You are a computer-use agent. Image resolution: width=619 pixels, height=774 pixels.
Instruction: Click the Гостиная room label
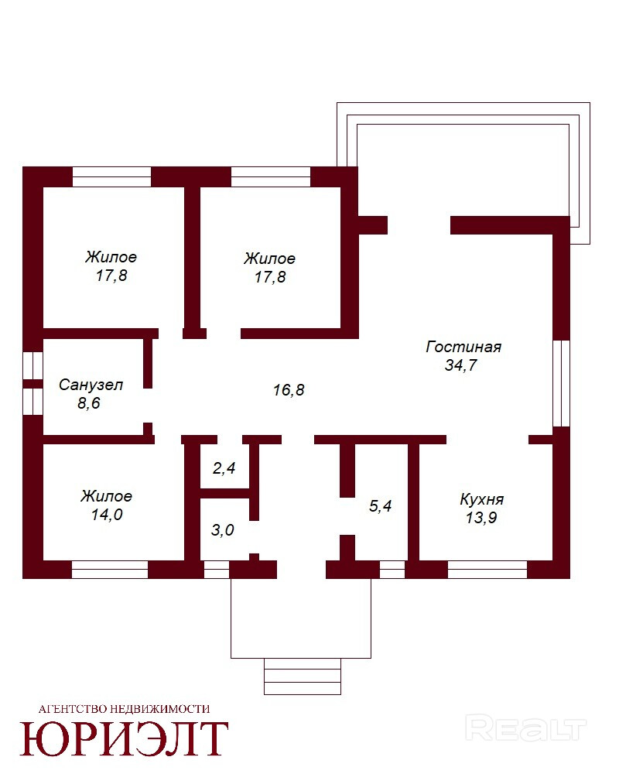463,347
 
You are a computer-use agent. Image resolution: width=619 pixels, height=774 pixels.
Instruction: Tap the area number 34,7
461,365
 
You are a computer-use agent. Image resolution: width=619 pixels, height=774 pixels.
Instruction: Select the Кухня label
482,499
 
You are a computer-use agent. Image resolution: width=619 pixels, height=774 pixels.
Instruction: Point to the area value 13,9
481,518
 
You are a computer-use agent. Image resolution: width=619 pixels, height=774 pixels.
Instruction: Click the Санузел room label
91,385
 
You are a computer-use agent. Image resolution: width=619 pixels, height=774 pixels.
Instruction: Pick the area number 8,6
89,403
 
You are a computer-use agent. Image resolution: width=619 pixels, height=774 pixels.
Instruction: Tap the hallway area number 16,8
289,390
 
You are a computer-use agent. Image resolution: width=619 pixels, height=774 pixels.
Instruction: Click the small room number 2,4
224,468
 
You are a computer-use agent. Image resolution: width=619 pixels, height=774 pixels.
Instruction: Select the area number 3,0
223,531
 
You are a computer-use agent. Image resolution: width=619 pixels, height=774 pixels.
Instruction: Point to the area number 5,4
381,506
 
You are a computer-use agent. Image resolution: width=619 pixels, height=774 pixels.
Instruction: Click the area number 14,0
107,515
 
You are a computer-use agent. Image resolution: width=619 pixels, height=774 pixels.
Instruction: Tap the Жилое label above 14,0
107,496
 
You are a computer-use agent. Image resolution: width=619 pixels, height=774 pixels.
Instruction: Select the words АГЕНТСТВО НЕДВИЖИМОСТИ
124,709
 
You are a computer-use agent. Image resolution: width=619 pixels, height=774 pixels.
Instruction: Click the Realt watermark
525,729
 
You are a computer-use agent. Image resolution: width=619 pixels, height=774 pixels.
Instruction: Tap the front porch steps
303,676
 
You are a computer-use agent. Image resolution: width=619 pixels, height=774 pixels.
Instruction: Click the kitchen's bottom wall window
487,570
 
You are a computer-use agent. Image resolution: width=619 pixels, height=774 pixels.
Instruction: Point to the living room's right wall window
561,383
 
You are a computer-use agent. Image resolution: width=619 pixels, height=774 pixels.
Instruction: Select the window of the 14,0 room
110,570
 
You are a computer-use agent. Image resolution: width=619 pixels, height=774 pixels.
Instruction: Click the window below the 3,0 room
217,570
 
